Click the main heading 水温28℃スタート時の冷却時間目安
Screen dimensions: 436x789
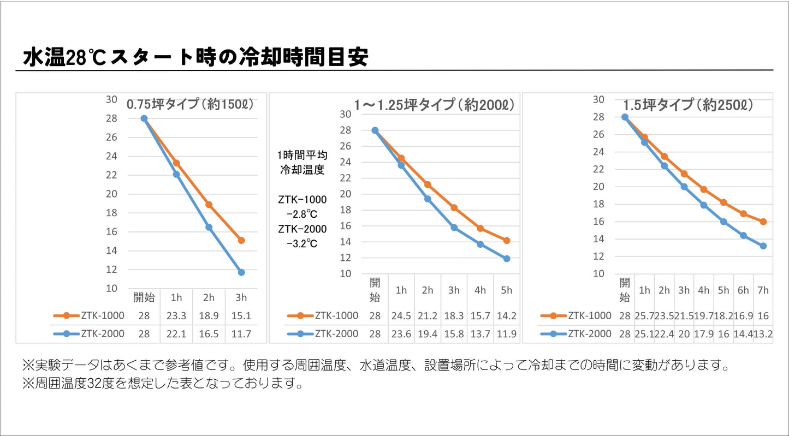click(195, 57)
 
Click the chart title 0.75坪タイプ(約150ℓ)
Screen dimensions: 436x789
click(191, 104)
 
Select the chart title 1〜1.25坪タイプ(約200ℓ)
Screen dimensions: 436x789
click(434, 105)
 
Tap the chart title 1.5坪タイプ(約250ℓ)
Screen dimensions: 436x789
click(689, 105)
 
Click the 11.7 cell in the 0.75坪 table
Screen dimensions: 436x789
click(241, 334)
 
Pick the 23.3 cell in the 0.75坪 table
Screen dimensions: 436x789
click(176, 315)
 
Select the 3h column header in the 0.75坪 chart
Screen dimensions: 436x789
click(241, 297)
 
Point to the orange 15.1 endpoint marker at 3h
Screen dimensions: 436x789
click(241, 240)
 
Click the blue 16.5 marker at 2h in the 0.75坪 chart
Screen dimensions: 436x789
click(209, 227)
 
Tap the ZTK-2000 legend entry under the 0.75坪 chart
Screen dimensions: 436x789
click(89, 334)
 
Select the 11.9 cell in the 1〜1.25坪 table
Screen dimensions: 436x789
click(506, 334)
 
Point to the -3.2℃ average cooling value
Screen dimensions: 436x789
click(302, 244)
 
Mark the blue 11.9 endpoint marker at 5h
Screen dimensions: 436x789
click(506, 259)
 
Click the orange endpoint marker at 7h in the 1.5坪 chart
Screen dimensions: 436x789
click(763, 222)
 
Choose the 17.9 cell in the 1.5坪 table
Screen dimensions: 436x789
click(704, 334)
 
